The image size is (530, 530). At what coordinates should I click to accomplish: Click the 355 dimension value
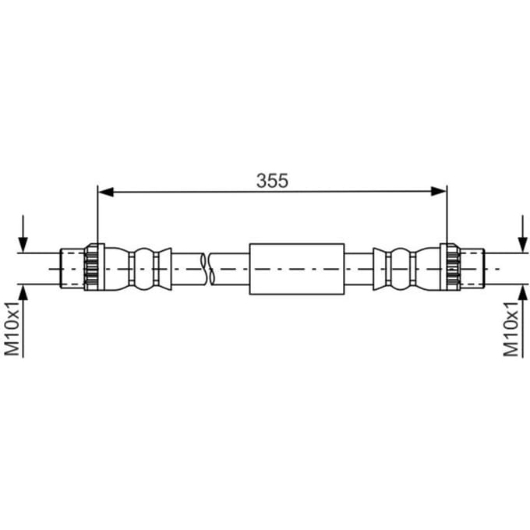(x=272, y=181)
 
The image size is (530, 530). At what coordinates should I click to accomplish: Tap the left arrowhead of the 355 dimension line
(x=105, y=192)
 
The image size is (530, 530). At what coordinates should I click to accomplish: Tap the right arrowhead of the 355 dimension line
(x=439, y=192)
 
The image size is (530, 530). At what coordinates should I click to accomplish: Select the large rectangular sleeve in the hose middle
(x=297, y=269)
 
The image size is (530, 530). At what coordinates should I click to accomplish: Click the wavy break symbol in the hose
(x=207, y=269)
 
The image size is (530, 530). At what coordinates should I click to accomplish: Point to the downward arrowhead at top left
(x=23, y=245)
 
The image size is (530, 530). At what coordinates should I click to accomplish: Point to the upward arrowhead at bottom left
(x=23, y=293)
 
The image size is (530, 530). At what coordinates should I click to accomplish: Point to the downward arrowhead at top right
(x=523, y=245)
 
